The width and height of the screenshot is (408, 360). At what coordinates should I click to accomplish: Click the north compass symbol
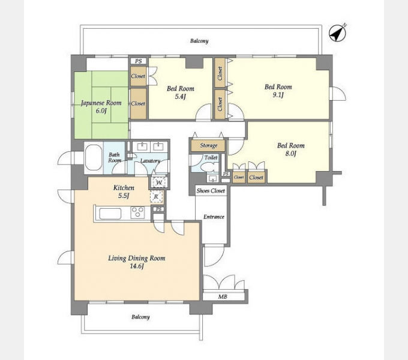pyautogui.click(x=337, y=33)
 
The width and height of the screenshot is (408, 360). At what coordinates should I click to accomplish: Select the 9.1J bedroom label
pyautogui.click(x=278, y=91)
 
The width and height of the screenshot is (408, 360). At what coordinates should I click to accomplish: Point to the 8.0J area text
pyautogui.click(x=290, y=154)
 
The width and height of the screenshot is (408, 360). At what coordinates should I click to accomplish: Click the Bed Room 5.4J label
pyautogui.click(x=181, y=92)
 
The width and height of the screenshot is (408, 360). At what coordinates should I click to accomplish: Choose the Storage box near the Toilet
pyautogui.click(x=208, y=146)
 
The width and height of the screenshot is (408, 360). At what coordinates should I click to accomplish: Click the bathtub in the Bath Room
pyautogui.click(x=94, y=157)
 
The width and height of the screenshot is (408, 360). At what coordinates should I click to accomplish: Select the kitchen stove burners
pyautogui.click(x=137, y=212)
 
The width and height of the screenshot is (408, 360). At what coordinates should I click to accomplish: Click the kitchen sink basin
pyautogui.click(x=110, y=214)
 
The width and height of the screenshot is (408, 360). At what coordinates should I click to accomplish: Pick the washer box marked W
pyautogui.click(x=159, y=182)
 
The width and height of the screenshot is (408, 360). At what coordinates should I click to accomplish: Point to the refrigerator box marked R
pyautogui.click(x=157, y=197)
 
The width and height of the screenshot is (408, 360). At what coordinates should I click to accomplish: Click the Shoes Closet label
pyautogui.click(x=211, y=191)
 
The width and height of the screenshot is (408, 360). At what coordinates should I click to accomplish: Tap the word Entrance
pyautogui.click(x=214, y=217)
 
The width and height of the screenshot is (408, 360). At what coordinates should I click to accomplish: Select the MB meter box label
pyautogui.click(x=223, y=296)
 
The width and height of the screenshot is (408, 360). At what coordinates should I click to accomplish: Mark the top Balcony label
pyautogui.click(x=199, y=41)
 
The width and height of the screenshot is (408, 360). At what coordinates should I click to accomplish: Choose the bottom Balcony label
pyautogui.click(x=140, y=317)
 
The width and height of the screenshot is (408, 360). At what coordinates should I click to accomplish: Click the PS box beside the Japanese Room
pyautogui.click(x=139, y=61)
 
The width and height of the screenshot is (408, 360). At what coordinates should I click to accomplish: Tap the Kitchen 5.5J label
pyautogui.click(x=124, y=191)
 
